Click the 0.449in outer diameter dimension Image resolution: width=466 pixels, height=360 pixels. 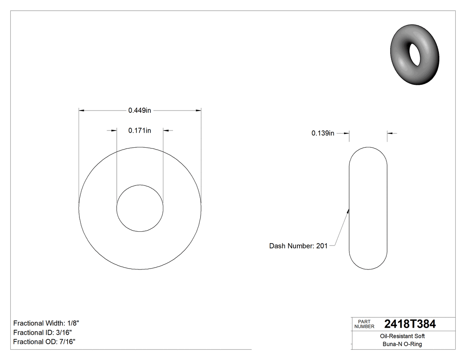[140, 111]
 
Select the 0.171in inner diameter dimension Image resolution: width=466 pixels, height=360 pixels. [140, 131]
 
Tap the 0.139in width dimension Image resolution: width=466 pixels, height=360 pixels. [323, 133]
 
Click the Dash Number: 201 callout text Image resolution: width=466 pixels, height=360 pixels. [298, 246]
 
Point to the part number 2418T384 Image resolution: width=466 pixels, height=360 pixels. [410, 324]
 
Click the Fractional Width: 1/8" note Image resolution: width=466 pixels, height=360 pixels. [47, 323]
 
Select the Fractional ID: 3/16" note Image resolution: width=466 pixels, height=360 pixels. [43, 332]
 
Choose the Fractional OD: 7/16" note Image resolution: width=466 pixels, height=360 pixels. [44, 342]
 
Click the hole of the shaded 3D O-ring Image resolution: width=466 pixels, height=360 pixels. [416, 54]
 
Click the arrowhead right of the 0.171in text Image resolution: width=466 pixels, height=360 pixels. [166, 131]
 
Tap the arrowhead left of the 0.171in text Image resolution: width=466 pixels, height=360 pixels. [114, 131]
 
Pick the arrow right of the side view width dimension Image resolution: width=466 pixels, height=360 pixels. [390, 133]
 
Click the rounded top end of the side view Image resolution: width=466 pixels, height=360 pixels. [368, 148]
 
